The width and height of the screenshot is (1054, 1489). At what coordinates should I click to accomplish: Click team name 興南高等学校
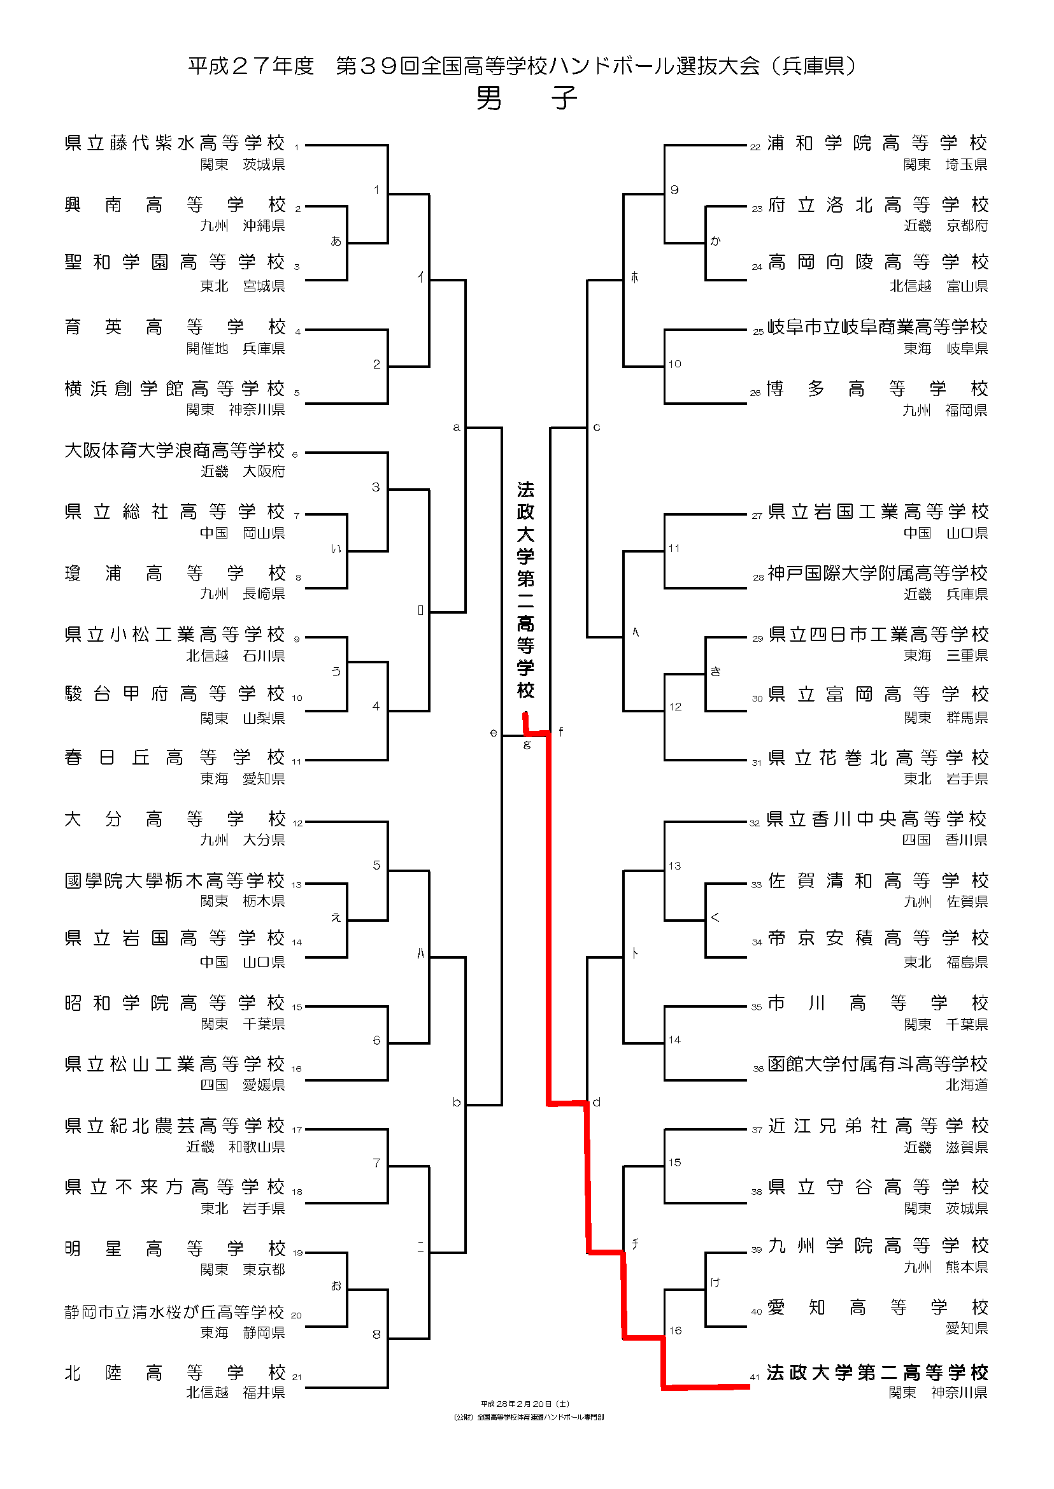pyautogui.click(x=174, y=205)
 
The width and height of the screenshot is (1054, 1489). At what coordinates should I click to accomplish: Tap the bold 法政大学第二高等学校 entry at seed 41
pyautogui.click(x=877, y=1373)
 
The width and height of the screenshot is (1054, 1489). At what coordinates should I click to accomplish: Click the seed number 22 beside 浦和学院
pyautogui.click(x=755, y=148)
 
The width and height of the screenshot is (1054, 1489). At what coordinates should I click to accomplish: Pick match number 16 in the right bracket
pyautogui.click(x=675, y=1330)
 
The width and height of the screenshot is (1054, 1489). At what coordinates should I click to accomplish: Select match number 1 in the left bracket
pyautogui.click(x=376, y=190)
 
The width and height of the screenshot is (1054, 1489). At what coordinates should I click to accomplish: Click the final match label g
pyautogui.click(x=527, y=745)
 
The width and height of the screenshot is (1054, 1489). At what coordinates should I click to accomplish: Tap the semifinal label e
pyautogui.click(x=494, y=733)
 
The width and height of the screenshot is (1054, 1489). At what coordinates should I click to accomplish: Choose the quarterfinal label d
pyautogui.click(x=597, y=1102)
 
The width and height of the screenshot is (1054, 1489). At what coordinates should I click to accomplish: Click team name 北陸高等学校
pyautogui.click(x=174, y=1373)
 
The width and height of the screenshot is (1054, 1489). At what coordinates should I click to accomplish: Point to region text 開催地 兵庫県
pyautogui.click(x=236, y=348)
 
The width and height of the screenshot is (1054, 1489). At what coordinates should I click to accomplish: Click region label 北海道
pyautogui.click(x=966, y=1085)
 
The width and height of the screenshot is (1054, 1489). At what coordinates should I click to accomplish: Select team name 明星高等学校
pyautogui.click(x=174, y=1249)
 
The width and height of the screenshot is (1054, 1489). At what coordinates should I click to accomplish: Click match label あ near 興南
pyautogui.click(x=336, y=241)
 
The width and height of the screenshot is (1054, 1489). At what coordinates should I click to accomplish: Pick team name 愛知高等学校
pyautogui.click(x=877, y=1308)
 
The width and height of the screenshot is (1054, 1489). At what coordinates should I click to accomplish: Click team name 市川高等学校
pyautogui.click(x=877, y=1004)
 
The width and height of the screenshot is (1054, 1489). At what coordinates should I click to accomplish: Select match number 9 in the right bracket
pyautogui.click(x=675, y=190)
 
